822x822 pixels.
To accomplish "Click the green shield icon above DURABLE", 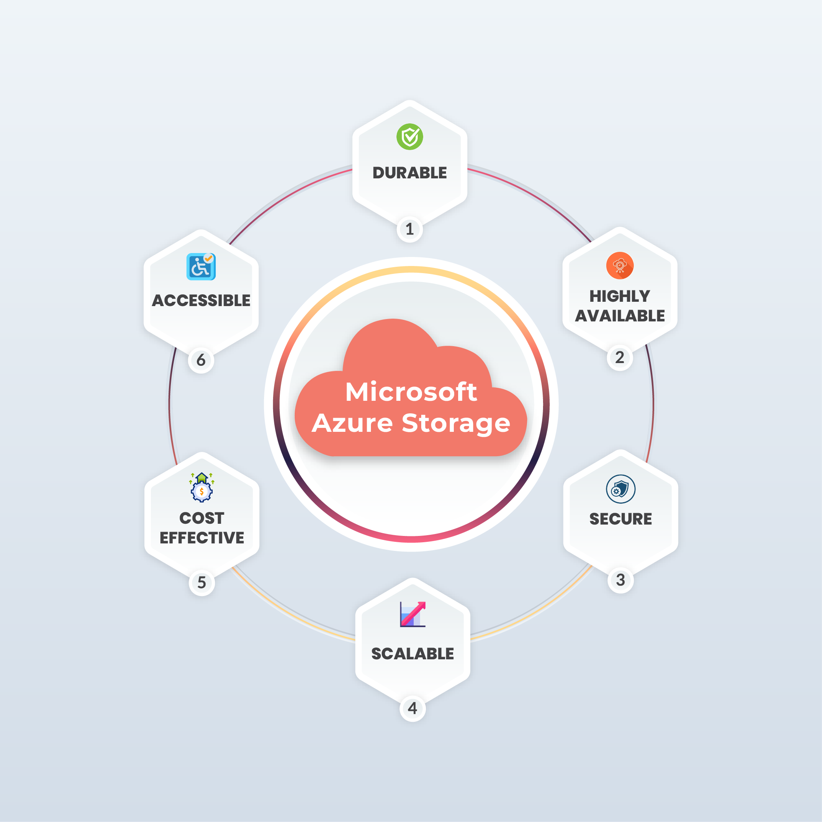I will click(x=410, y=137).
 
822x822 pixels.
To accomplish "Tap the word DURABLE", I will click(x=410, y=173).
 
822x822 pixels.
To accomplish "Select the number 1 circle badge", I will click(x=410, y=229).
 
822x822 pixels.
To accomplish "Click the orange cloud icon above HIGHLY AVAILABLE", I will click(x=620, y=266).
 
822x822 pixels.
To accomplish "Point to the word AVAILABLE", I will click(x=620, y=316).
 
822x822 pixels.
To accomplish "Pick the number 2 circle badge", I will click(x=620, y=358).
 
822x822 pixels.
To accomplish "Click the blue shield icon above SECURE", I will click(x=621, y=489).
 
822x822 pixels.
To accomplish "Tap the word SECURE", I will click(x=621, y=519).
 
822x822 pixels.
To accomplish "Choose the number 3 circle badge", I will click(x=621, y=580).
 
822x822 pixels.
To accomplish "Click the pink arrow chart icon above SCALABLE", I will click(x=413, y=614).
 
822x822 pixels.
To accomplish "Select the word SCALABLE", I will click(x=413, y=653).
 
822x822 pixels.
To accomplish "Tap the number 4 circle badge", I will click(x=413, y=708).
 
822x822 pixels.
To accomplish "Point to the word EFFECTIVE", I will click(x=202, y=538).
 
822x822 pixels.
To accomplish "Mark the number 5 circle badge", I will click(x=202, y=582).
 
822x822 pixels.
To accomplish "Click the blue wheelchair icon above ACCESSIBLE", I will click(x=201, y=267).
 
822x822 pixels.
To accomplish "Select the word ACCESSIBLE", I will click(x=201, y=300).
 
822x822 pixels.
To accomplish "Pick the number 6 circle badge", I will click(x=201, y=360).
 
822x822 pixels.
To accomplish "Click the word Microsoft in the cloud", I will click(x=411, y=391).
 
